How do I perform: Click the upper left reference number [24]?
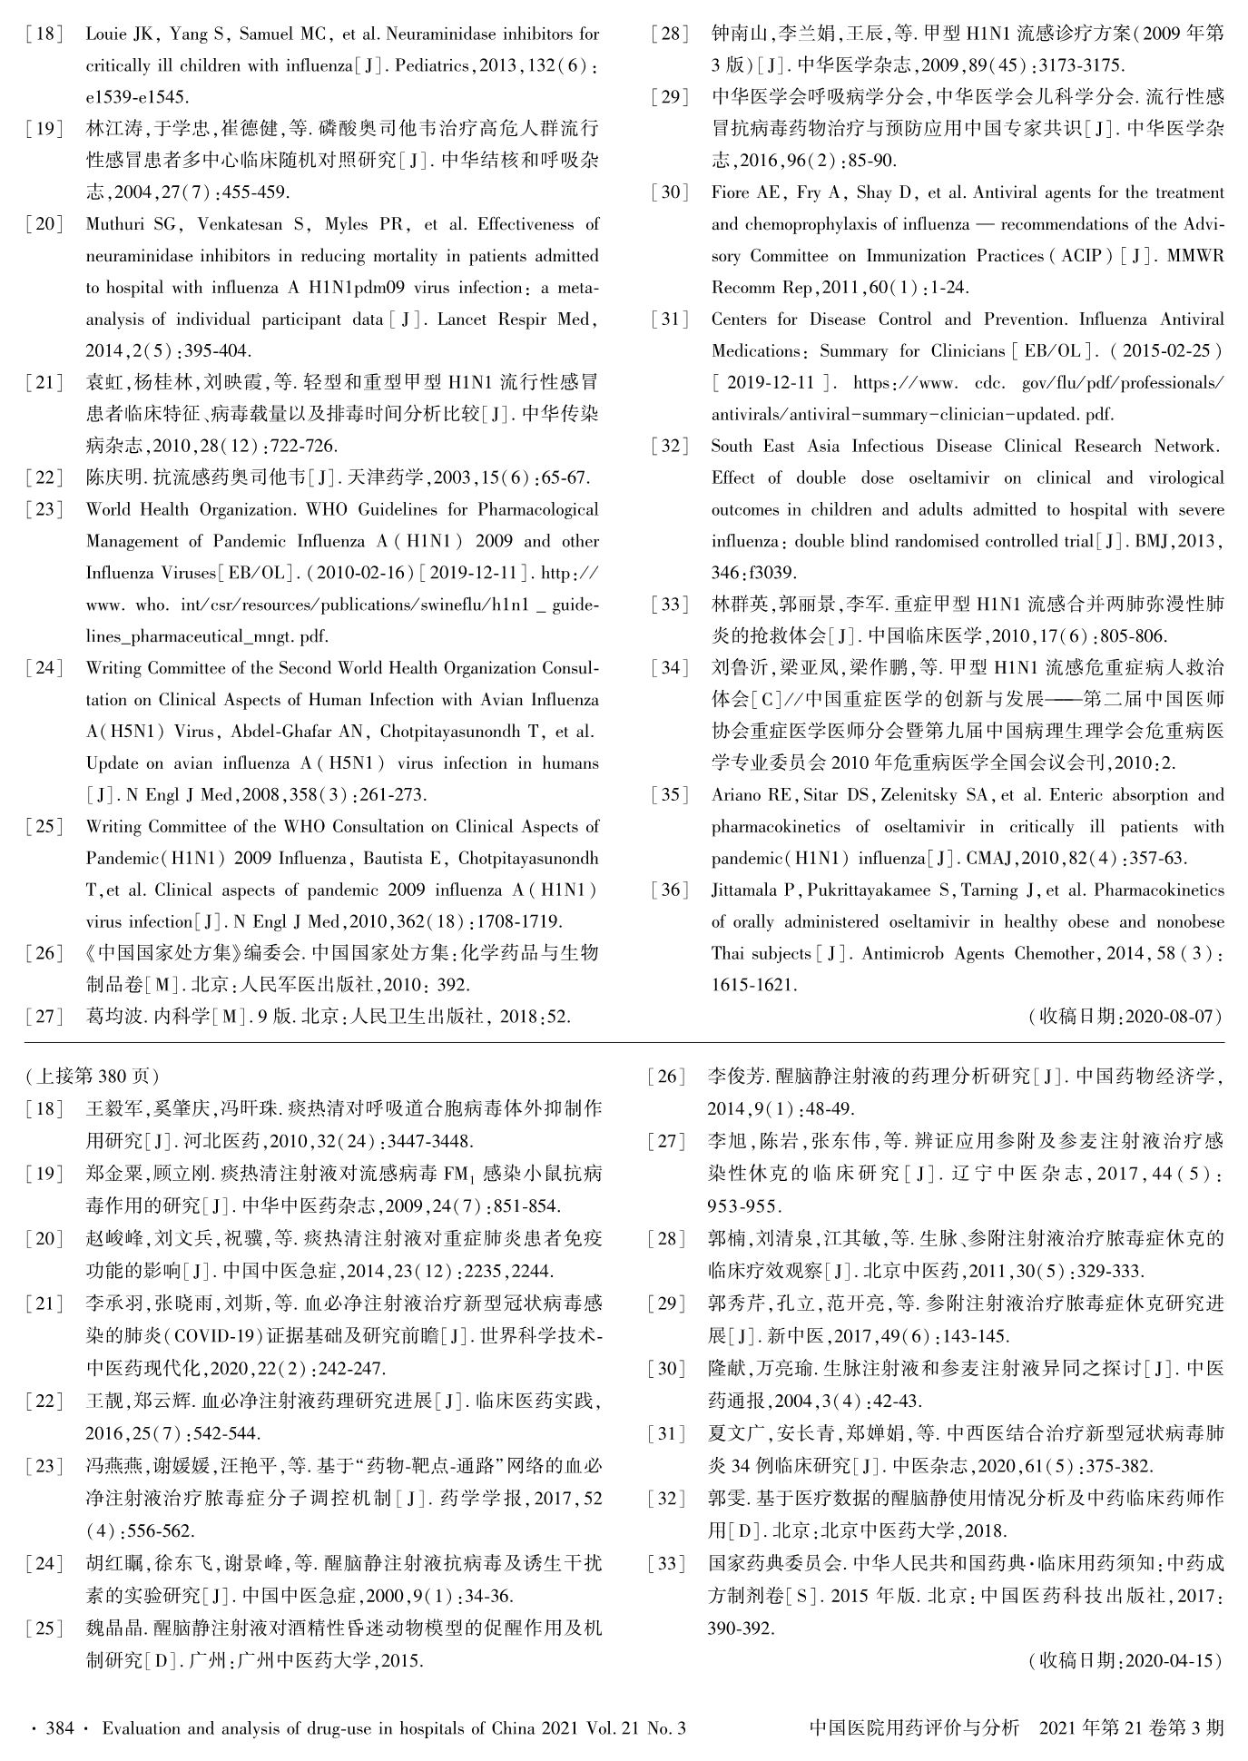45,668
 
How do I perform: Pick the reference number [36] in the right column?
670,890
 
